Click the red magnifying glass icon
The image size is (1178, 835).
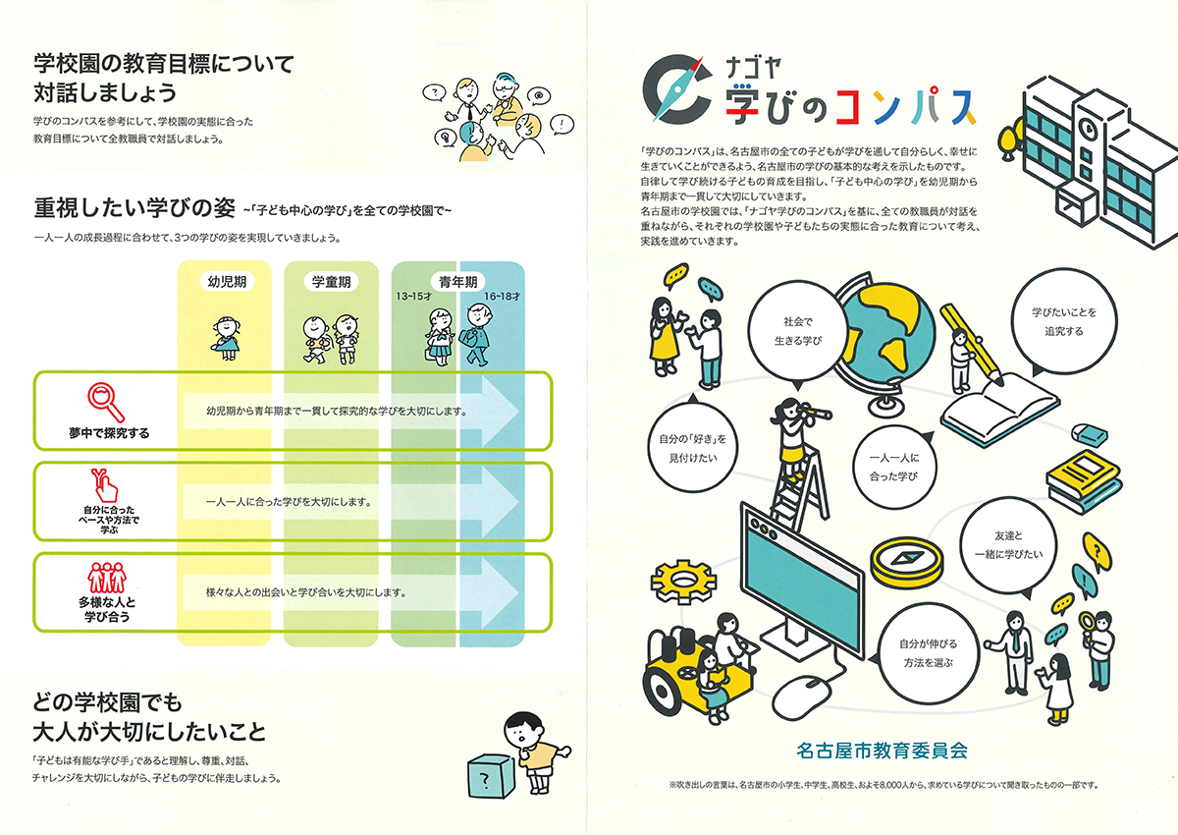pyautogui.click(x=106, y=403)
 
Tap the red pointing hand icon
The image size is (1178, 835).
pyautogui.click(x=105, y=485)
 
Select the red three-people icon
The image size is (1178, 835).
pyautogui.click(x=107, y=578)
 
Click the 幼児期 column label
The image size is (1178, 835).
pyautogui.click(x=227, y=282)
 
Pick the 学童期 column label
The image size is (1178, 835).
pyautogui.click(x=332, y=282)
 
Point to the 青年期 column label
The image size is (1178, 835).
pyautogui.click(x=458, y=282)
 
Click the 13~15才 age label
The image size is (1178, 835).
pyautogui.click(x=414, y=297)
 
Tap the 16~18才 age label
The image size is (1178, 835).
pyautogui.click(x=503, y=297)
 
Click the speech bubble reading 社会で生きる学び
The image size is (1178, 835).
pyautogui.click(x=798, y=331)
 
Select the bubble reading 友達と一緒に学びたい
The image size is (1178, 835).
pyautogui.click(x=1009, y=545)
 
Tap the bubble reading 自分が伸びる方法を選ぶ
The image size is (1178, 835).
pyautogui.click(x=928, y=653)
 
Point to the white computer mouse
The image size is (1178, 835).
pyautogui.click(x=803, y=697)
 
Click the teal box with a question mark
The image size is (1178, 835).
pyautogui.click(x=490, y=777)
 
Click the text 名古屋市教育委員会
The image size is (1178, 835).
pyautogui.click(x=882, y=751)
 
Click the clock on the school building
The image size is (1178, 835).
pyautogui.click(x=1087, y=128)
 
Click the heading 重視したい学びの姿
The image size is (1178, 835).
pyautogui.click(x=134, y=208)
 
